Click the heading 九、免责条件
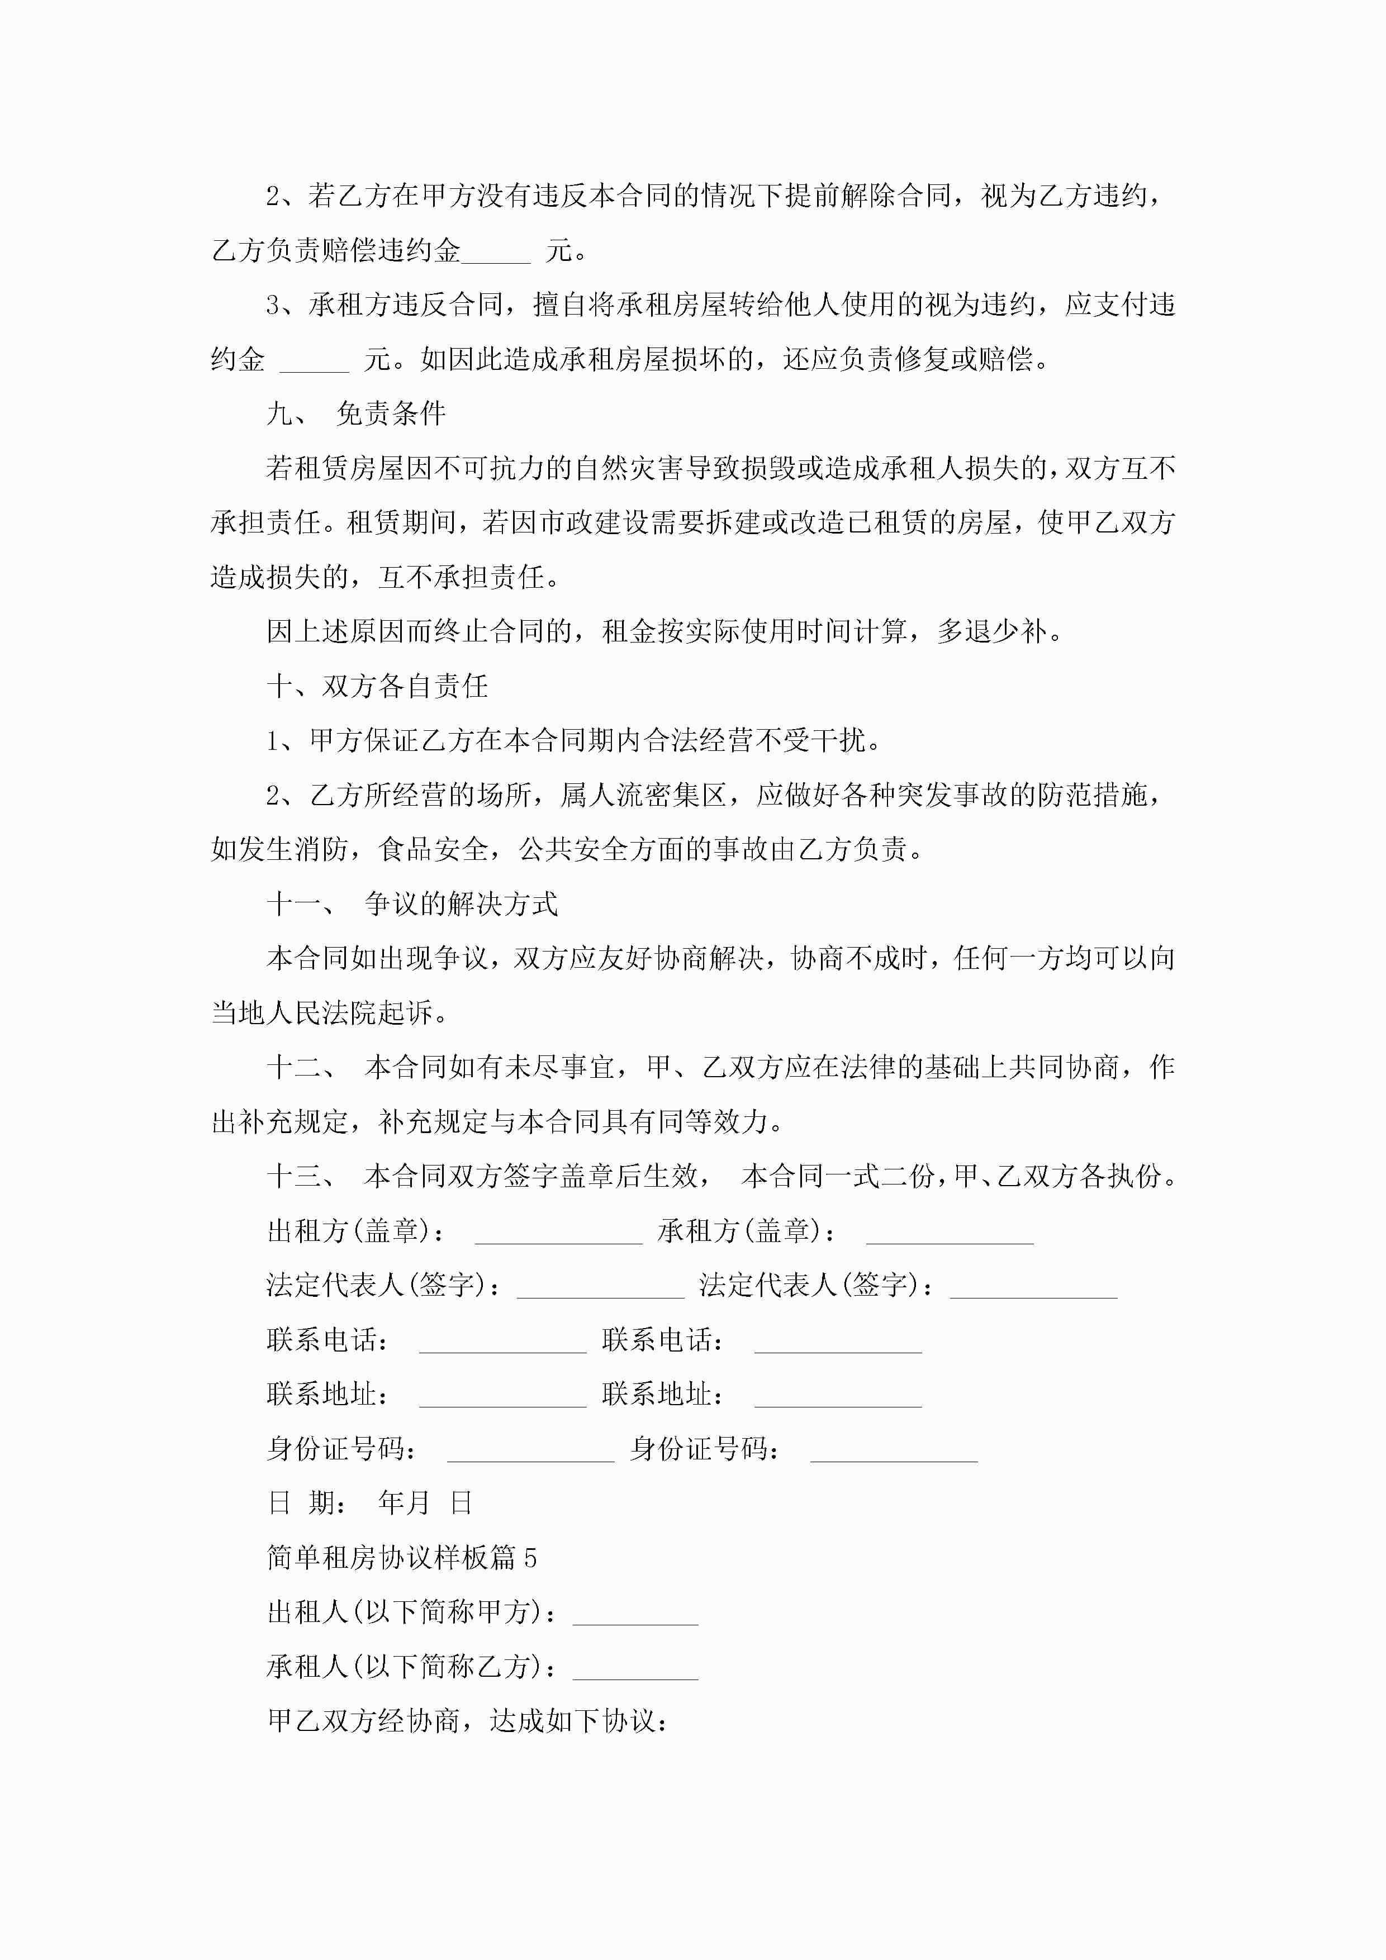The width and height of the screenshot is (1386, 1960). pyautogui.click(x=356, y=414)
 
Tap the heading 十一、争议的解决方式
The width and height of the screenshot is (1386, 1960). pyautogui.click(x=412, y=904)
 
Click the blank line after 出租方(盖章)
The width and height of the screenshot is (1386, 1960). pyautogui.click(x=558, y=1234)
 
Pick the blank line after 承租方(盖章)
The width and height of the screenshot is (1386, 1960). pyautogui.click(x=950, y=1234)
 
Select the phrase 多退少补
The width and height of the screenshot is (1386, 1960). pyautogui.click(x=993, y=632)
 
